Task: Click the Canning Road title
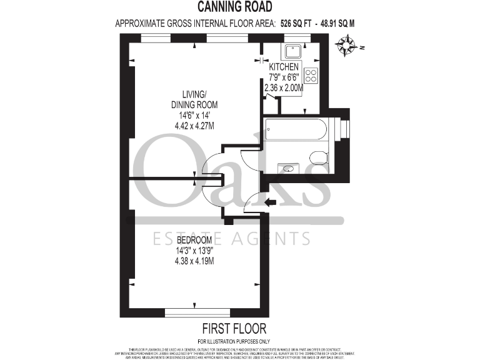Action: pos(235,7)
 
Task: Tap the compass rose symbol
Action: pos(346,45)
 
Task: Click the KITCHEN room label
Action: pos(284,67)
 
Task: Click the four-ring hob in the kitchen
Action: pos(312,75)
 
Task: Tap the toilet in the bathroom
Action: pos(317,156)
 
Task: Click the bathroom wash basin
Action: pos(289,168)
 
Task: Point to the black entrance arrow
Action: pos(270,202)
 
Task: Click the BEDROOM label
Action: pos(194,240)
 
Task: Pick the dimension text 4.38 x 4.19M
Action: pos(194,261)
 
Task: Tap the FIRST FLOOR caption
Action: pos(234,328)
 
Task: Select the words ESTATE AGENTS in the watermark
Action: pos(232,238)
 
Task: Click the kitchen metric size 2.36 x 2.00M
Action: pos(284,88)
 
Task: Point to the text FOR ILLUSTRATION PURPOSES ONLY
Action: pos(234,341)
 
